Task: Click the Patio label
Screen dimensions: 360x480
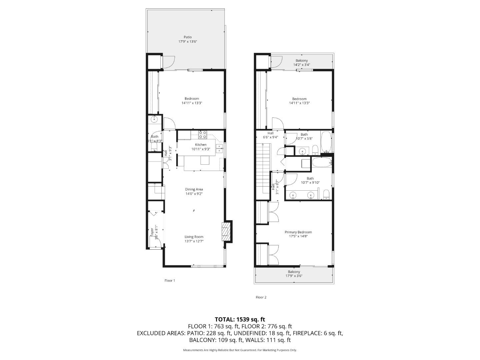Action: click(x=188, y=37)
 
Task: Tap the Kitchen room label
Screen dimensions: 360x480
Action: click(x=201, y=144)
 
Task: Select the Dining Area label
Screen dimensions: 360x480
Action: click(x=194, y=189)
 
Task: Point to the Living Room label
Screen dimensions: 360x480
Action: click(x=194, y=237)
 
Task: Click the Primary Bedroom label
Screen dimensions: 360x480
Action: click(x=298, y=232)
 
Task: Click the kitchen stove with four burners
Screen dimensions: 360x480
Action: click(x=203, y=135)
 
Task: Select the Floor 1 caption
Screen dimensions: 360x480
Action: click(x=170, y=280)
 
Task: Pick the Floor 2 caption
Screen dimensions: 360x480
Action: click(x=261, y=297)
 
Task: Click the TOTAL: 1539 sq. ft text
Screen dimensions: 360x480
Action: click(x=240, y=319)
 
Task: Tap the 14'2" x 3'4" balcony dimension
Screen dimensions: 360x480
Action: click(x=302, y=65)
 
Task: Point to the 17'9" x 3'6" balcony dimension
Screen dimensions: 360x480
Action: click(x=294, y=276)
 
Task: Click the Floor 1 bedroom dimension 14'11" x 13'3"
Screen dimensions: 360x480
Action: click(x=192, y=103)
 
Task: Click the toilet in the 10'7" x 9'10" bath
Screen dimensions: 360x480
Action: click(x=326, y=194)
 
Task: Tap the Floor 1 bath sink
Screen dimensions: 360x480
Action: click(x=154, y=119)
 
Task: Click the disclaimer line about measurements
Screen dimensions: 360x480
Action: click(x=240, y=350)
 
